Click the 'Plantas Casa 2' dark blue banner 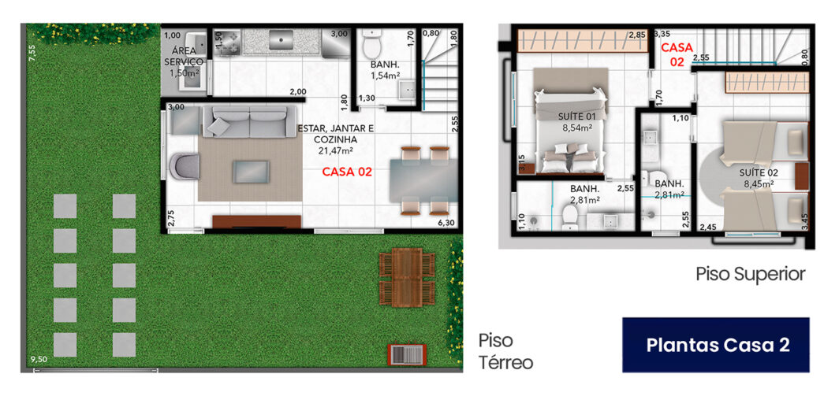[x=715, y=345]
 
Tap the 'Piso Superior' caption [x=750, y=274]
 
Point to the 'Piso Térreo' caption [x=505, y=351]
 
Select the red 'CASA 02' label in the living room [x=347, y=172]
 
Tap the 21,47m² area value [x=336, y=151]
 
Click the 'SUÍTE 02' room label [x=759, y=172]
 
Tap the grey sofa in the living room [x=250, y=122]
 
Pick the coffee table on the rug [x=251, y=172]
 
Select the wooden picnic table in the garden [x=407, y=277]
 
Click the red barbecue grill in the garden [x=407, y=355]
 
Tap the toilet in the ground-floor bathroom [x=371, y=44]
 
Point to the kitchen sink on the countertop [x=281, y=39]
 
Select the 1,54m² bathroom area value [x=386, y=76]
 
